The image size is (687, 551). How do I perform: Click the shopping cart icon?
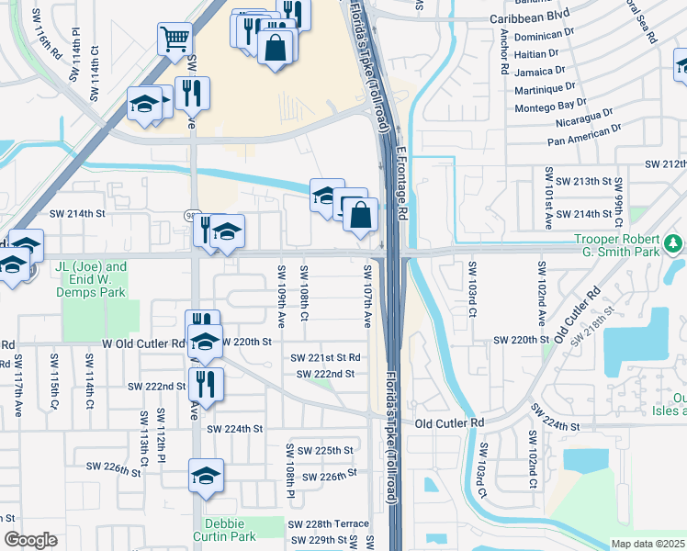[175, 39]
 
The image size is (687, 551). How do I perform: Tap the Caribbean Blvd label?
[529, 17]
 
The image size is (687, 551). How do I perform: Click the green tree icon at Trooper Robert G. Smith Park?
[675, 242]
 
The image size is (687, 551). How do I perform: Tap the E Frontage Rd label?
[401, 184]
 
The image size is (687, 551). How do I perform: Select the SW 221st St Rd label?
[325, 357]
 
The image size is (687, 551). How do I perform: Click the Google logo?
[30, 540]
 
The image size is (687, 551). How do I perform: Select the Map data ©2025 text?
[648, 544]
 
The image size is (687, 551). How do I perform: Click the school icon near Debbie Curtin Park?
[205, 477]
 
